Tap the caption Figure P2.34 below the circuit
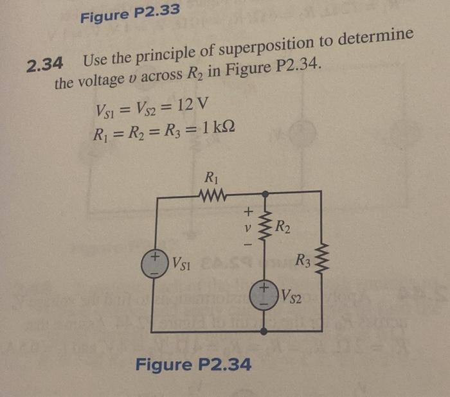tap(193, 365)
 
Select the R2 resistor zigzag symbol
tap(264, 225)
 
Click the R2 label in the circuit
tap(283, 225)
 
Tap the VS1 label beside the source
tap(181, 264)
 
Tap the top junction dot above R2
tap(264, 192)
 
